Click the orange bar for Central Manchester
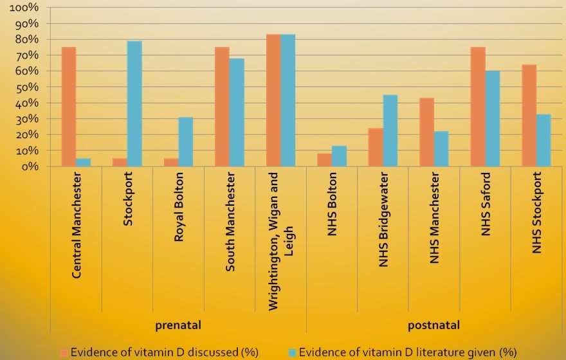(69, 107)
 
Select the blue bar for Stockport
(134, 104)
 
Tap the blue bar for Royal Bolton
(185, 141)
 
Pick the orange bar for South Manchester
(223, 107)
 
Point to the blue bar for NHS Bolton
(340, 156)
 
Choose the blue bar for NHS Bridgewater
(390, 130)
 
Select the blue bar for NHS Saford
(493, 118)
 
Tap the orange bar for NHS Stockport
(529, 116)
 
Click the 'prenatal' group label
(178, 325)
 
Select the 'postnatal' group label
(434, 325)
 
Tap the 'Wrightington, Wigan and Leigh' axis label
(281, 241)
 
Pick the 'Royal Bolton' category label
(179, 207)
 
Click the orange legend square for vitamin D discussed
(64, 352)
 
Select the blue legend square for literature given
(293, 352)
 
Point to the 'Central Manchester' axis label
(77, 224)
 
